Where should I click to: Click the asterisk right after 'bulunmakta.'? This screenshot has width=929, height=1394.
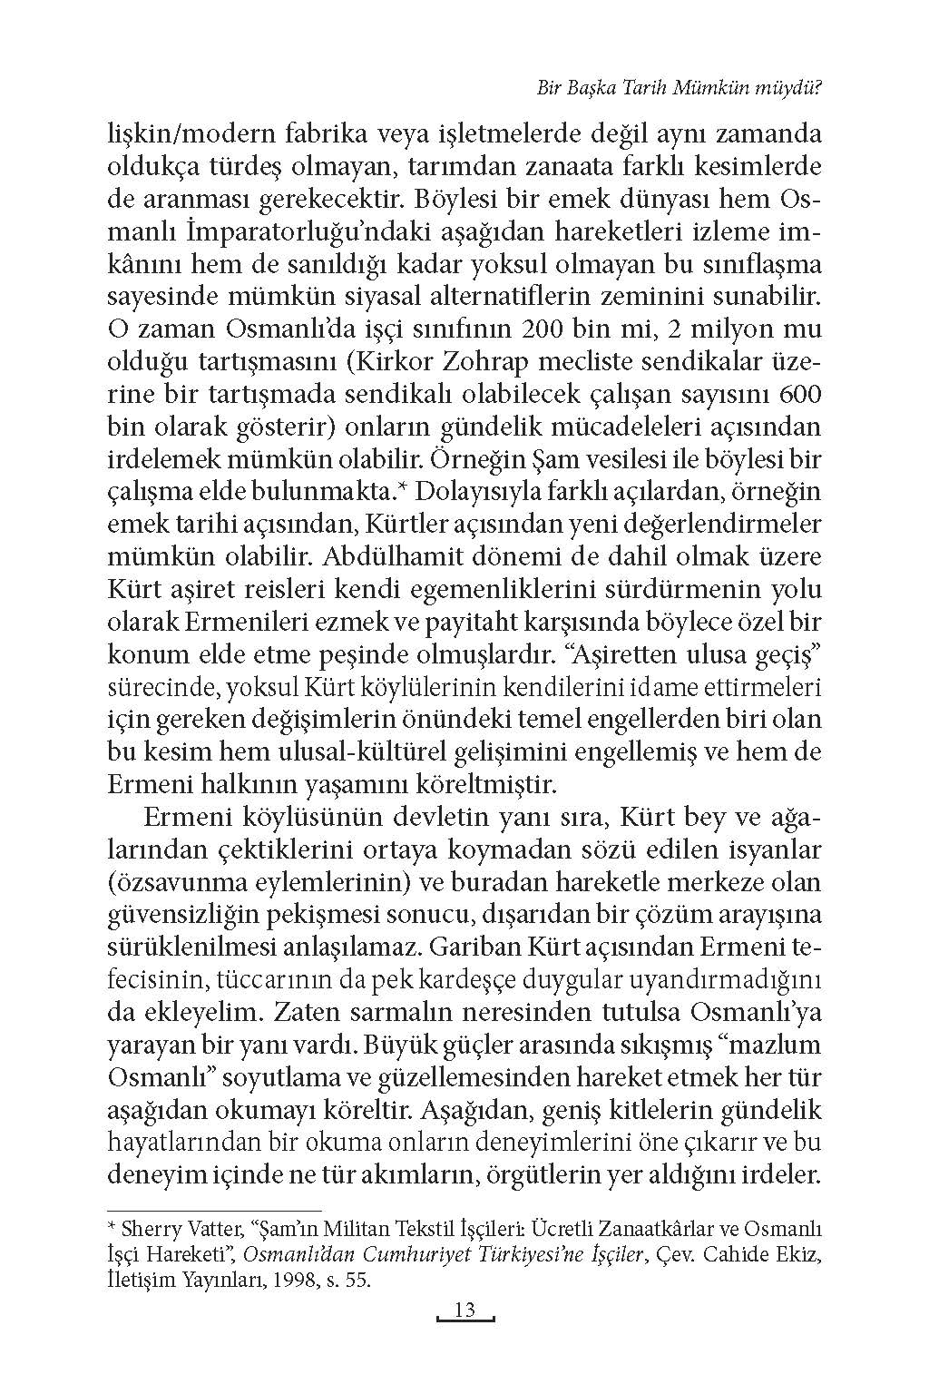click(408, 490)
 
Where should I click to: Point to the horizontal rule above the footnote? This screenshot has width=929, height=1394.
click(214, 1210)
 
